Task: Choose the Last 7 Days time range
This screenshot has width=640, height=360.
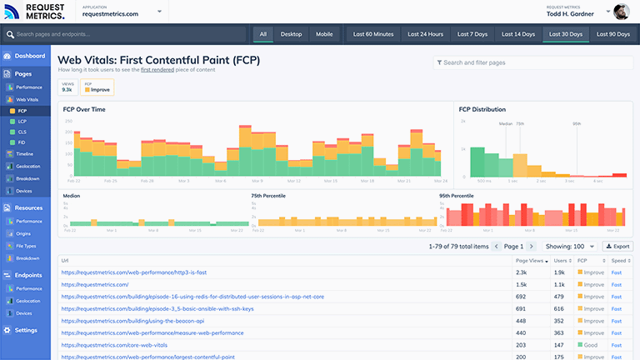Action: coord(472,34)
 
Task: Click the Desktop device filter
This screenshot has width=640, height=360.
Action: coord(291,34)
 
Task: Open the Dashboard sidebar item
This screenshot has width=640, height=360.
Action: coord(29,56)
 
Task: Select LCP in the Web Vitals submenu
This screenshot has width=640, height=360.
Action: coord(22,121)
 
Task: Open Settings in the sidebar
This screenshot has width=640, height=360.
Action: coord(25,330)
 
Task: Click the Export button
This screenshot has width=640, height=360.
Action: coord(617,246)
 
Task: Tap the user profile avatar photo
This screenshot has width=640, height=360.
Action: coord(622,12)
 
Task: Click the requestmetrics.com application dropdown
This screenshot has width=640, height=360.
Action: coord(123,13)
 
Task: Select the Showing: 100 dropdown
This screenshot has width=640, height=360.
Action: coord(571,246)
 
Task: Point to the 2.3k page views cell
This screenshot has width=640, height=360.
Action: coord(521,272)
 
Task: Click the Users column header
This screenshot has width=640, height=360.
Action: coord(562,261)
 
